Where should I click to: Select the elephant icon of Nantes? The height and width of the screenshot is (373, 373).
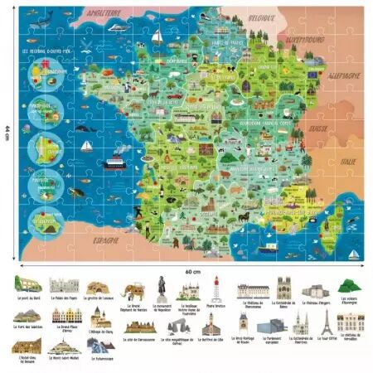coord(131,289)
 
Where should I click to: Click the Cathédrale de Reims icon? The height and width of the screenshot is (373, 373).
coord(284,289)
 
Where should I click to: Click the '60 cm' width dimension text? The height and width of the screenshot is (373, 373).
coord(192,271)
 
